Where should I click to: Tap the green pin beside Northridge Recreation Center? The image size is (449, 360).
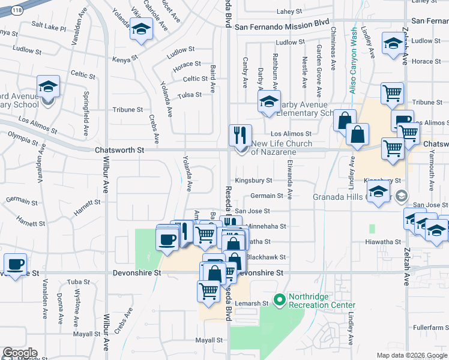click(279, 299)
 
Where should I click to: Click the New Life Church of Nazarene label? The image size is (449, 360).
click(281, 148)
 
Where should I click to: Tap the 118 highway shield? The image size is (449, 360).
click(17, 11)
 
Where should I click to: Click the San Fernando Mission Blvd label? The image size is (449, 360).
click(282, 26)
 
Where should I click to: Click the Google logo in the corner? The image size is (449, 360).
click(19, 353)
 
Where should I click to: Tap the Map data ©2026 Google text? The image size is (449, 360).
click(412, 355)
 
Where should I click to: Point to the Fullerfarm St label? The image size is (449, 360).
click(430, 328)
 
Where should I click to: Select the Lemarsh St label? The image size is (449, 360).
click(252, 304)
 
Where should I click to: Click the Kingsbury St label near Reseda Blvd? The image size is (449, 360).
click(253, 180)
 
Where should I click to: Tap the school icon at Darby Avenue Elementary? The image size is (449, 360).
click(270, 101)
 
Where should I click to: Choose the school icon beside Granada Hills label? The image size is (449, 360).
click(378, 193)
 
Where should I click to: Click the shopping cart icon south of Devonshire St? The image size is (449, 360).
click(208, 291)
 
